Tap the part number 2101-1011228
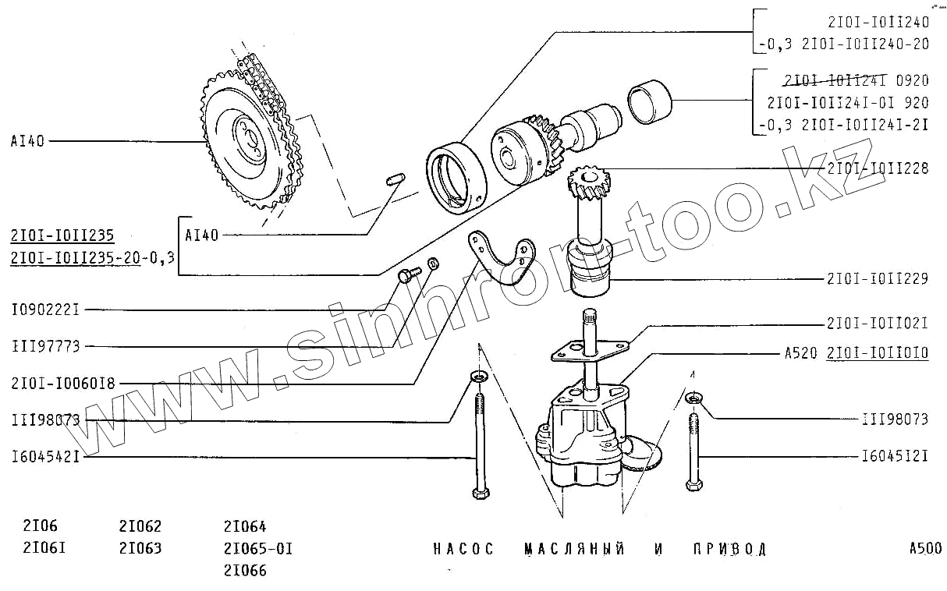pos(878,168)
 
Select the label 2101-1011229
pos(878,278)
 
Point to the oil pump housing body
pos(581,437)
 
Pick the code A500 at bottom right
pos(925,548)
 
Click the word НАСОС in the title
pos(463,549)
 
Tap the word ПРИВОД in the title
pos(729,549)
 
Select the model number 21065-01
pos(257,548)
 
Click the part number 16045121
pos(895,456)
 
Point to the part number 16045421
pos(45,456)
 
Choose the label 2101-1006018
pos(63,383)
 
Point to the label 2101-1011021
pos(878,323)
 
